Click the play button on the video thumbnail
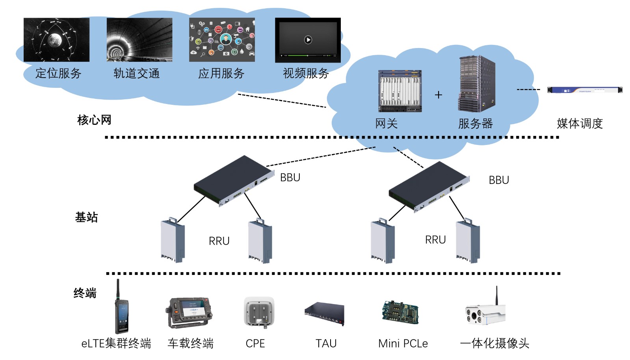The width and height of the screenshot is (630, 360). click(308, 40)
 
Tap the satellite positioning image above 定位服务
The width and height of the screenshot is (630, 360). click(56, 40)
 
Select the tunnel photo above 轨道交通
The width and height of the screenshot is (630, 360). click(139, 40)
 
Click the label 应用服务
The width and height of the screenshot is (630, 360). click(221, 73)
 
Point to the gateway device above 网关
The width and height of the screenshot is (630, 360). click(400, 91)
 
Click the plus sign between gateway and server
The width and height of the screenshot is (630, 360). click(439, 95)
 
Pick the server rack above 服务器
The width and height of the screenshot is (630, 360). click(476, 84)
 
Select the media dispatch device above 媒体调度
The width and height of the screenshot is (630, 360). click(585, 90)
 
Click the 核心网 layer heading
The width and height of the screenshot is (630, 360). click(94, 120)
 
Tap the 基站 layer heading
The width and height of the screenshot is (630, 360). click(86, 217)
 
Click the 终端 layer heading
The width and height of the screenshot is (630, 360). click(85, 293)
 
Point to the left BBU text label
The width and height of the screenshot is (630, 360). click(290, 178)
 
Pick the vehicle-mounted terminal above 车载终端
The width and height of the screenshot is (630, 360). click(190, 312)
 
